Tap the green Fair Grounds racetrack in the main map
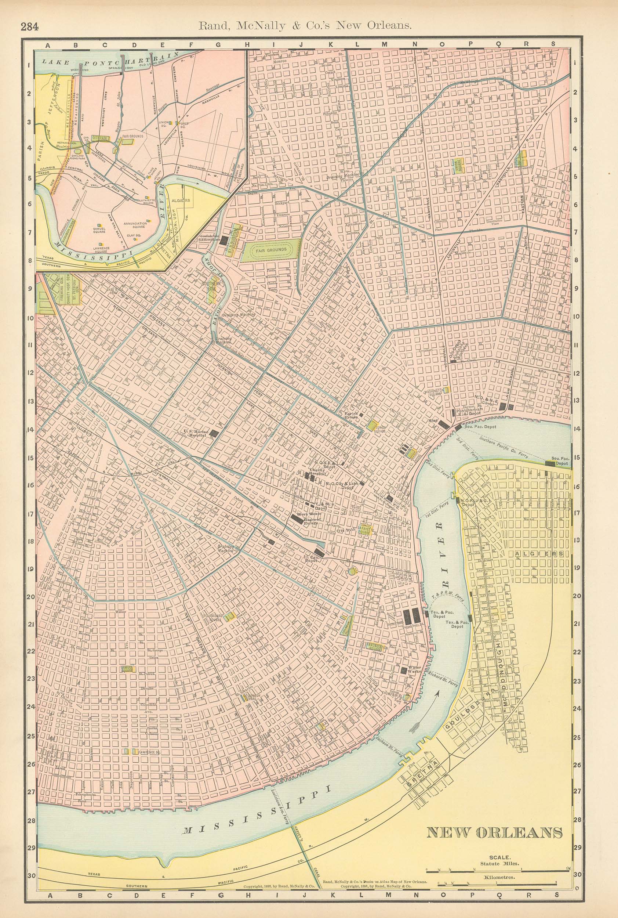pyautogui.click(x=272, y=250)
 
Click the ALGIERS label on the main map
pyautogui.click(x=540, y=554)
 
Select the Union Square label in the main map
pyautogui.click(x=457, y=164)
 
